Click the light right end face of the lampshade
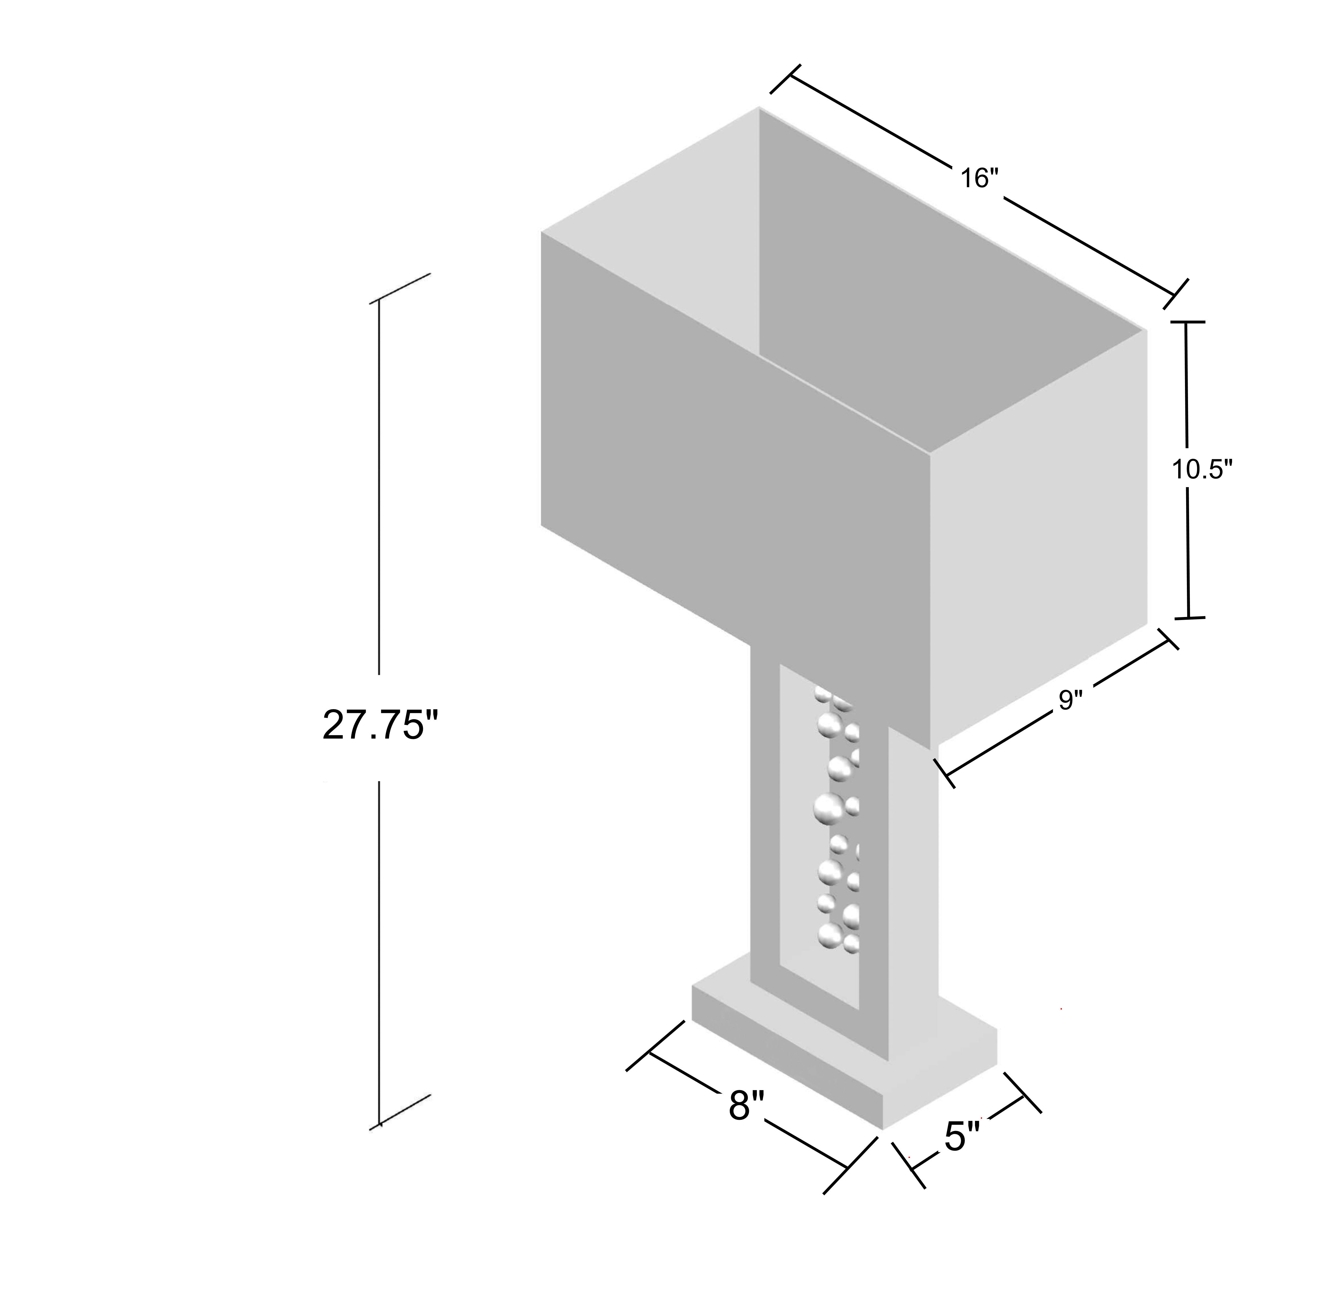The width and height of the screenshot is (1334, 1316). click(1039, 539)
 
